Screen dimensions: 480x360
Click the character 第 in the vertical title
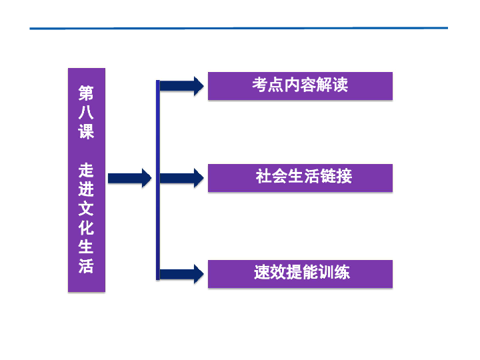tap(86, 93)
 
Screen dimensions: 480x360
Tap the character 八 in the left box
tap(86, 113)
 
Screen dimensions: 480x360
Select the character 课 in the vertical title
tap(86, 131)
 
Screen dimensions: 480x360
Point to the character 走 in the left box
tap(86, 170)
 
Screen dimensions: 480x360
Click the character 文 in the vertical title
tap(86, 209)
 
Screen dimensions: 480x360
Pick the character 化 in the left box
tap(86, 228)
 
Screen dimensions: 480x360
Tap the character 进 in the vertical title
tap(86, 189)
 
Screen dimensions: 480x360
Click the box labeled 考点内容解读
tap(300, 86)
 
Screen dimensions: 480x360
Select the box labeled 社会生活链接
tap(300, 178)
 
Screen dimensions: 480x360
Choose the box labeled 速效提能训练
tap(300, 274)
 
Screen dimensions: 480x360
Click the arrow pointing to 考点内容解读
tap(182, 86)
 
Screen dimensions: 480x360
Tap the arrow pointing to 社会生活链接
tap(182, 178)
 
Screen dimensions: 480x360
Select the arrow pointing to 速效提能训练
tap(182, 274)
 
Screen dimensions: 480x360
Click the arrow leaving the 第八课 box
tap(130, 178)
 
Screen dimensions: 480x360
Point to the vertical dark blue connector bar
tap(158, 180)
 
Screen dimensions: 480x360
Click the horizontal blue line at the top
tap(239, 28)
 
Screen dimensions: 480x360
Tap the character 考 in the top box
tap(260, 85)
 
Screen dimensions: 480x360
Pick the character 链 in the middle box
tap(328, 176)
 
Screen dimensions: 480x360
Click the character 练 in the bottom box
tap(341, 272)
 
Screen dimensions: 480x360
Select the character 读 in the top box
tap(341, 85)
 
